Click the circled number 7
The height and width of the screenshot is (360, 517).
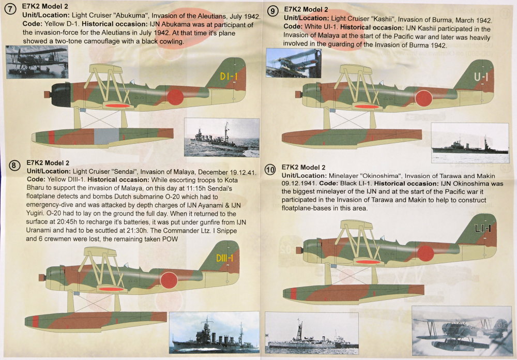pos(10,9)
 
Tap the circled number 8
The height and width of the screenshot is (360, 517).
pos(14,165)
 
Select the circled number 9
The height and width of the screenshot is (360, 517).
pos(272,11)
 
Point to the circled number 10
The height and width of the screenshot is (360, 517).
pos(270,170)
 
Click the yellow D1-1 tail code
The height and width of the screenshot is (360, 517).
pos(229,77)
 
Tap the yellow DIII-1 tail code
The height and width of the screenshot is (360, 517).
pos(224,258)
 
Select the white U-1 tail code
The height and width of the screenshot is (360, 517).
pos(481,77)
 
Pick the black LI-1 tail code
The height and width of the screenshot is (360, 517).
pos(483,228)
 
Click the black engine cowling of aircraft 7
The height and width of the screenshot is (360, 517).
pos(60,95)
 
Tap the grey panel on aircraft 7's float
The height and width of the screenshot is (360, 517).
pos(107,136)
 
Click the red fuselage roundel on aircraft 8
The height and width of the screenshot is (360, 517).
pos(169,280)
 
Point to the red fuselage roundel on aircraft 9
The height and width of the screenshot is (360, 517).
pos(424,98)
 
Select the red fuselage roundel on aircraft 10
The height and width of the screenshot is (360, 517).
pos(425,253)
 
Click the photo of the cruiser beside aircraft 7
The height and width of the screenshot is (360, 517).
pos(222,137)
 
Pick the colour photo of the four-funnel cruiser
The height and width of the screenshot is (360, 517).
pos(214,332)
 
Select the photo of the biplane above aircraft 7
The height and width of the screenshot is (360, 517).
pos(37,62)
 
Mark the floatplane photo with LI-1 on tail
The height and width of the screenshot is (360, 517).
pos(462,331)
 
